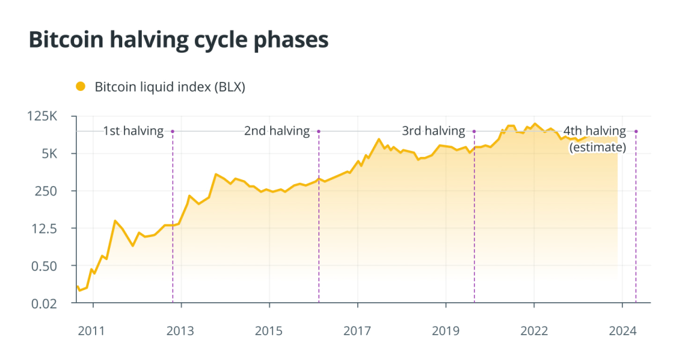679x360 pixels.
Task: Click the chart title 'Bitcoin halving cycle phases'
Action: coord(179,39)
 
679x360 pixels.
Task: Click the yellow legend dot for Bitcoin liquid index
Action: coord(81,86)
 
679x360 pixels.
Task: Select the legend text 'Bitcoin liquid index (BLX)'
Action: coord(169,87)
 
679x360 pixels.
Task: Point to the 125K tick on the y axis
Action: coord(45,116)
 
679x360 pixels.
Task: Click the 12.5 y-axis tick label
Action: coord(45,228)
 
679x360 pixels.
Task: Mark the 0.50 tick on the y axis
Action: coord(45,266)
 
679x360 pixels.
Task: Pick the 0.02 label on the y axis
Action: coord(45,303)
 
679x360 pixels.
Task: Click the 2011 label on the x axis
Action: coord(92,331)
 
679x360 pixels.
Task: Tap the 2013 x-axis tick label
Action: coord(180,331)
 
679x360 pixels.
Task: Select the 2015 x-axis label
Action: coord(269,331)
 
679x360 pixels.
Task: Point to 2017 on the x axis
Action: coord(357,331)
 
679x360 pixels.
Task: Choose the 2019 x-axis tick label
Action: coord(445,331)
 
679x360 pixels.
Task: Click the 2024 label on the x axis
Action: coord(623,331)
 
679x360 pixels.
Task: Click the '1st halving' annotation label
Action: coord(133,131)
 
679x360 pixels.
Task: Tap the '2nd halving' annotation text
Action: coord(276,131)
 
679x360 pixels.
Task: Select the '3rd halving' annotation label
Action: coord(433,131)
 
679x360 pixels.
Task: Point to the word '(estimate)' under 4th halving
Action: coord(598,146)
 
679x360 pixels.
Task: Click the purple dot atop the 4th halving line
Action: coord(636,131)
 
